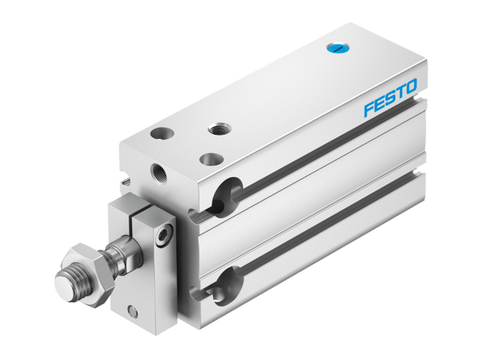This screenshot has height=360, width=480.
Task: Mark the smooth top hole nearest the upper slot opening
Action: [211, 160]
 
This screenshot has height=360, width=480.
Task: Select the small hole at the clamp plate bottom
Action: [133, 310]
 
